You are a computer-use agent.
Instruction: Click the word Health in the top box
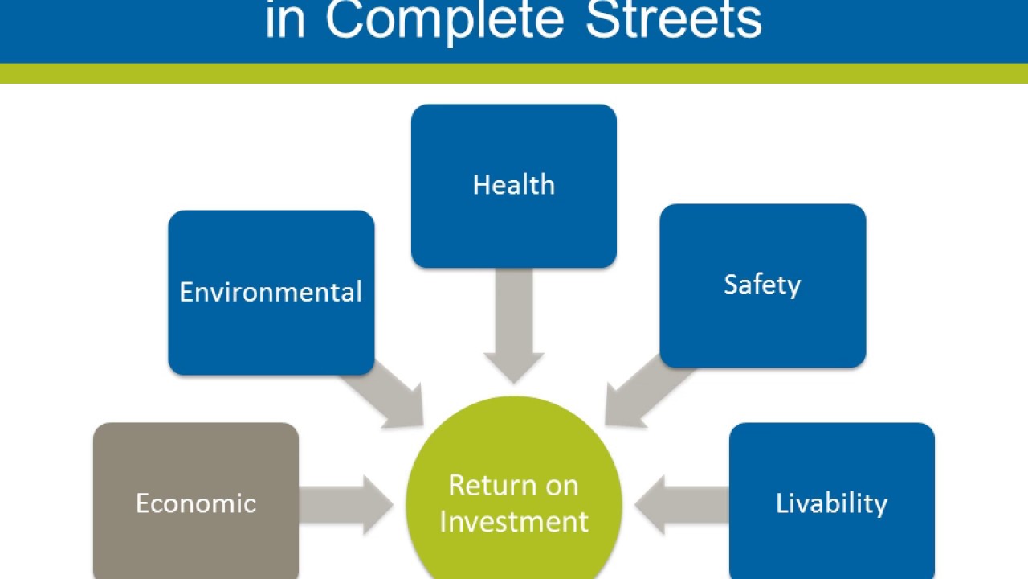pyautogui.click(x=513, y=185)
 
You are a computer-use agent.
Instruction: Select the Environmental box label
pyautogui.click(x=271, y=292)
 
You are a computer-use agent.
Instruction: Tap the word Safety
pyautogui.click(x=761, y=285)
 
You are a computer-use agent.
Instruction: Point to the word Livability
pyautogui.click(x=831, y=503)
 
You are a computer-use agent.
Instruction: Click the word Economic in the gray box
pyautogui.click(x=195, y=503)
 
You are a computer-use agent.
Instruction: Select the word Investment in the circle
pyautogui.click(x=514, y=521)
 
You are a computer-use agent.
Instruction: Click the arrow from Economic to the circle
pyautogui.click(x=345, y=504)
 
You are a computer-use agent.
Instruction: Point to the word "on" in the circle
pyautogui.click(x=561, y=486)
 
